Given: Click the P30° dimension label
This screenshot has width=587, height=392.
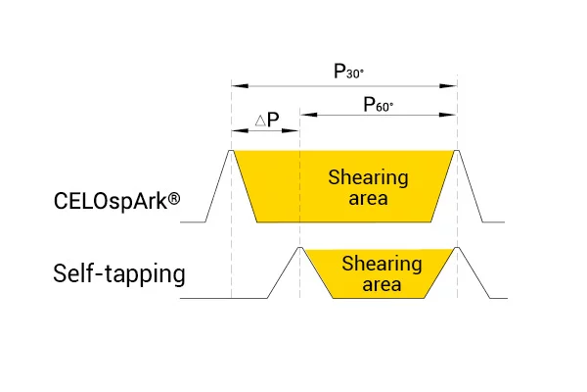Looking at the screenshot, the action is (348, 72).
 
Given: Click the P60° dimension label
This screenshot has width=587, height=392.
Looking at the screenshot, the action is (378, 104).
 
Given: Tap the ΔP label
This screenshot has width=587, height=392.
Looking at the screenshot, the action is (267, 120).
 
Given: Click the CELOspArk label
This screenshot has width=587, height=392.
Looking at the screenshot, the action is (111, 202).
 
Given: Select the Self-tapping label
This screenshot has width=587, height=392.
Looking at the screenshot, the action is (119, 273).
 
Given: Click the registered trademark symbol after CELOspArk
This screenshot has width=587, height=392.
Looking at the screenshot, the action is (174, 198).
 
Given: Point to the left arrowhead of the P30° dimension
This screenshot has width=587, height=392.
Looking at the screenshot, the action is (240, 86).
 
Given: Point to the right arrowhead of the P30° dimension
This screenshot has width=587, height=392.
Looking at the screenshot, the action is (448, 86).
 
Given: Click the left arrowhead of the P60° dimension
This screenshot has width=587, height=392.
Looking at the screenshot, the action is (308, 115).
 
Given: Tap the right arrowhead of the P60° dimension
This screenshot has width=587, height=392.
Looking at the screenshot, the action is (448, 115).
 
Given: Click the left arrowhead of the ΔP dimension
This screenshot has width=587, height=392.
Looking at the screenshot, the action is (240, 130).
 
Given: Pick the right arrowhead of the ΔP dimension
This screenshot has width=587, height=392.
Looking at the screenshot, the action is (291, 130).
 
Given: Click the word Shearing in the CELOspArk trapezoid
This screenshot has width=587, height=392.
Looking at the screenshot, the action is (369, 177).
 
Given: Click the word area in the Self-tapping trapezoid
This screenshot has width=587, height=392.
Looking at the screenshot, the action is (382, 284).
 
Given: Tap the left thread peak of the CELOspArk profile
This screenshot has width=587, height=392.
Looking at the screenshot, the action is (231, 151).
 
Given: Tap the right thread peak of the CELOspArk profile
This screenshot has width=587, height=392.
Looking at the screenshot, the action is (457, 151).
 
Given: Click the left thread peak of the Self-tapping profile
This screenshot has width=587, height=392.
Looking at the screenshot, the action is (299, 247).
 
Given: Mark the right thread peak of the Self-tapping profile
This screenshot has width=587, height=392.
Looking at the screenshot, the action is (457, 247).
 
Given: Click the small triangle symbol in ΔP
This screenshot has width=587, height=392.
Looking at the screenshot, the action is (260, 121).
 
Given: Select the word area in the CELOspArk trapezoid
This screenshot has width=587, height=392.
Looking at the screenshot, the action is (369, 198).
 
